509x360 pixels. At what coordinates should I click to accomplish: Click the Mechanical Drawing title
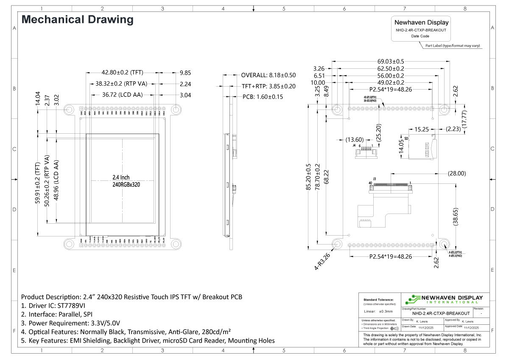click(77, 20)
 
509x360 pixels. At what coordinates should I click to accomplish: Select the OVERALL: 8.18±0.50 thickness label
click(268, 75)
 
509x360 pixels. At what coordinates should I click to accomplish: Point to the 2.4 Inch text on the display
click(121, 177)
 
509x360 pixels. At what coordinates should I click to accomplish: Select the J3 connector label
click(375, 179)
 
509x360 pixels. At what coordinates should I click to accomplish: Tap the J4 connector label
click(354, 146)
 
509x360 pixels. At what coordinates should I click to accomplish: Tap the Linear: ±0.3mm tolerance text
click(378, 312)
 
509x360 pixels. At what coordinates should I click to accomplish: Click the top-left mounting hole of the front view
click(69, 110)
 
